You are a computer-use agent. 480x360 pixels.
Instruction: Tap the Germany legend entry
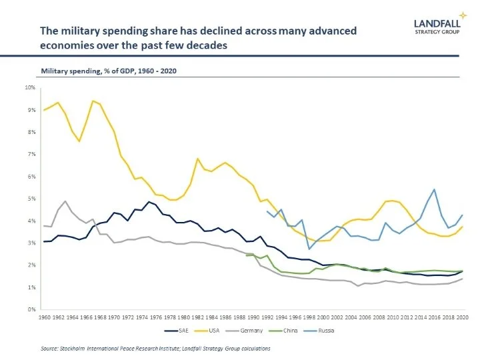click(247, 330)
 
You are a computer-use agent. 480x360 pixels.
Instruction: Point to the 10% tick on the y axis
click(31, 87)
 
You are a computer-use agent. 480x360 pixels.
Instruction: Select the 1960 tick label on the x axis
click(45, 318)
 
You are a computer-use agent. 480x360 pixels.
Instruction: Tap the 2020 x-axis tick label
click(463, 318)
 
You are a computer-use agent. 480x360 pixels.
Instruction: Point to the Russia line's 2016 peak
click(435, 189)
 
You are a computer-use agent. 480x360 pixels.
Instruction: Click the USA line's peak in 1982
click(198, 159)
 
